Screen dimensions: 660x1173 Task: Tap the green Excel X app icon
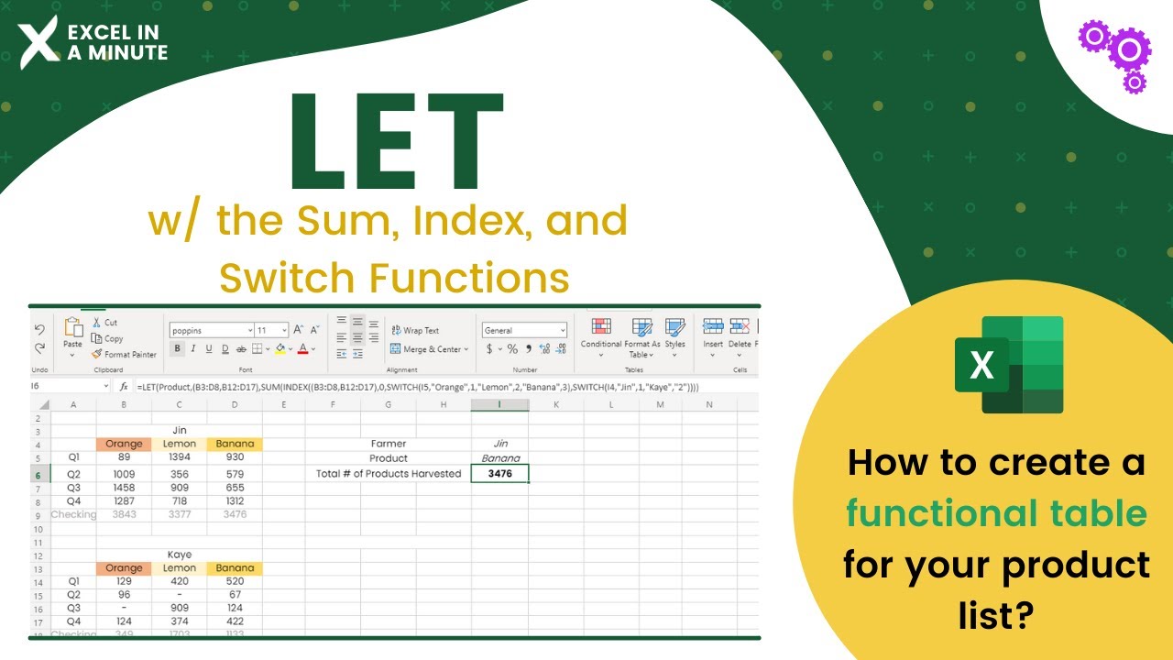(x=1009, y=365)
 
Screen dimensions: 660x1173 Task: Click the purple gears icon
(x=1114, y=54)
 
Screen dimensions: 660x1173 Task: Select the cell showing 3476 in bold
(x=499, y=474)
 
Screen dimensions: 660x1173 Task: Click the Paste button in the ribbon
(x=72, y=335)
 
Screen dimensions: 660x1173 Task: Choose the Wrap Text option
(x=415, y=331)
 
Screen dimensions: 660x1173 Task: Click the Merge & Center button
(x=429, y=349)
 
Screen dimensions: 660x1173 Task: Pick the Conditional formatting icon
(x=601, y=336)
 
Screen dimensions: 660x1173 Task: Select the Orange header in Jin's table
(x=124, y=445)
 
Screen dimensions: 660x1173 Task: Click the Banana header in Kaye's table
(x=236, y=568)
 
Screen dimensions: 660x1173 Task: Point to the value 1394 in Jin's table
(x=180, y=457)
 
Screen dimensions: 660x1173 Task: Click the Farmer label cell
(x=389, y=444)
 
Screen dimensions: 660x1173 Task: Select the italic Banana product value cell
(x=500, y=458)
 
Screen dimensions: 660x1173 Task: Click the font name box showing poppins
(x=211, y=330)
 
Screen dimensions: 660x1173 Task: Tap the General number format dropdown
(x=524, y=330)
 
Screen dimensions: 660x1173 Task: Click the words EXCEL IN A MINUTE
(x=117, y=43)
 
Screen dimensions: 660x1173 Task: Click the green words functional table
(x=996, y=513)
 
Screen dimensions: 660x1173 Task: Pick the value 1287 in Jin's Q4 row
(x=124, y=502)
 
